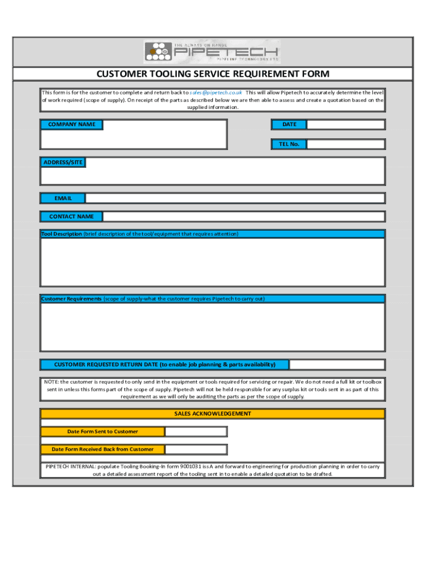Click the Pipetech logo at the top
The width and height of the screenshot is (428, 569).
(x=212, y=52)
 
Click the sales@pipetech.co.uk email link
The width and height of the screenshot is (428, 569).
(x=216, y=92)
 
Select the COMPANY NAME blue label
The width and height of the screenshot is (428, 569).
(x=71, y=124)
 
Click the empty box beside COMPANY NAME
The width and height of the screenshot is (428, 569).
(x=165, y=134)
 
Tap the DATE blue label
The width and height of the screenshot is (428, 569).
(x=289, y=124)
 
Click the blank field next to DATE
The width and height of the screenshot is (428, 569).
(x=346, y=124)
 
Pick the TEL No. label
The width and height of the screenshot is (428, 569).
(x=289, y=144)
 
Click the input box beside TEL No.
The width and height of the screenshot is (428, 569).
(x=346, y=144)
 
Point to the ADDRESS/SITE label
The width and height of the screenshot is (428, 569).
(x=62, y=162)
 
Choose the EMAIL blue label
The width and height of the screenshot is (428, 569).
(x=63, y=198)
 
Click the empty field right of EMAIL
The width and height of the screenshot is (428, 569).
(x=235, y=198)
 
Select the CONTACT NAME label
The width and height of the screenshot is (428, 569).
(x=71, y=216)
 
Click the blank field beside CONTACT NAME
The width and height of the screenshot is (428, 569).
(x=243, y=216)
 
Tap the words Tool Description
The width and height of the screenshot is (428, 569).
(x=62, y=234)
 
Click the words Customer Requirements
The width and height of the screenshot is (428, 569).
(x=72, y=299)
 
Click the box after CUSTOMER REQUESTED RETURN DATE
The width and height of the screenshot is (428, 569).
(x=337, y=365)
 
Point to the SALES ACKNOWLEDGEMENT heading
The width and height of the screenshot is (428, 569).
(x=212, y=414)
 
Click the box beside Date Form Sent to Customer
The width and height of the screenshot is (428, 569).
(x=196, y=432)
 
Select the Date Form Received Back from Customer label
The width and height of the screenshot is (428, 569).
(x=102, y=450)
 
